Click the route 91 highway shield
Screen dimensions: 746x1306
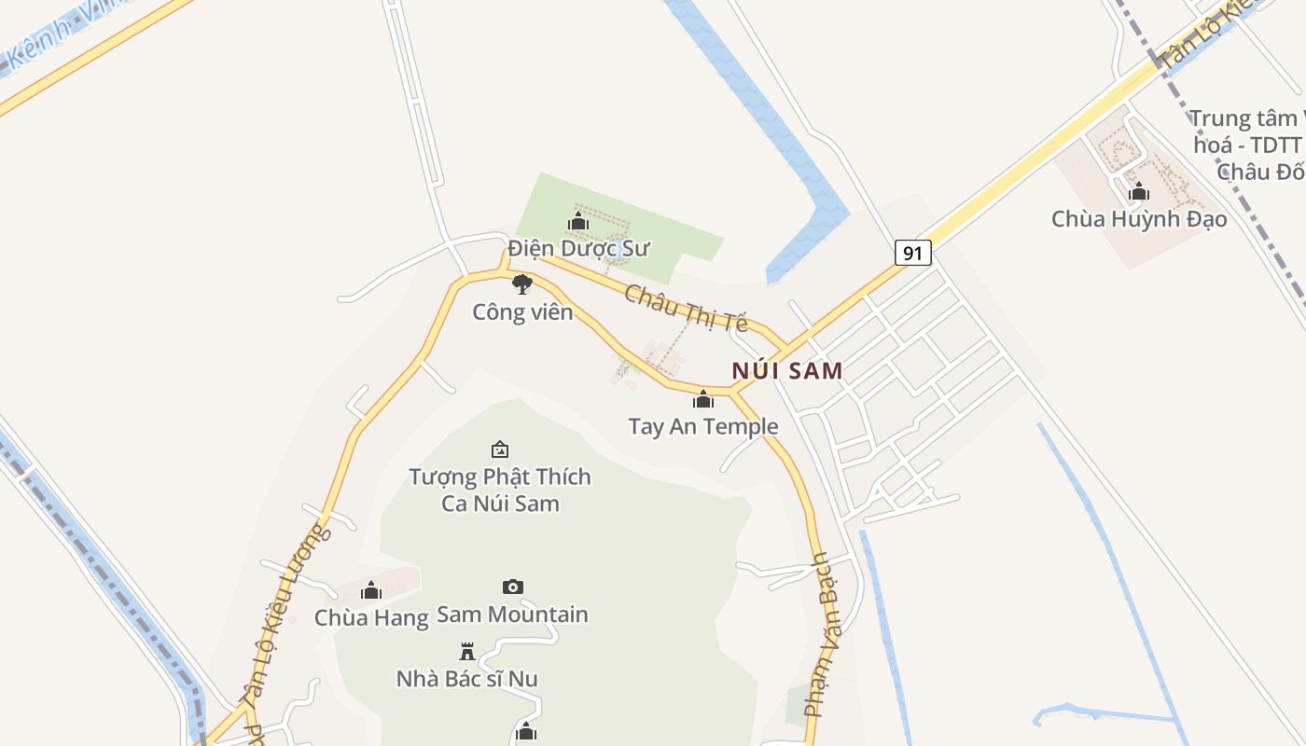[913, 253]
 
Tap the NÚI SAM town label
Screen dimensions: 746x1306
[787, 371]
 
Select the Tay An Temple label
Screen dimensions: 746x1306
[703, 427]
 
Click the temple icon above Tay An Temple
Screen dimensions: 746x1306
[703, 400]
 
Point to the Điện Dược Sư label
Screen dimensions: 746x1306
[578, 249]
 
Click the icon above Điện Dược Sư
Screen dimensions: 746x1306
[578, 222]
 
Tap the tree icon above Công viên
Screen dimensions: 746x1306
[522, 284]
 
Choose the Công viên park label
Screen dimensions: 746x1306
[522, 311]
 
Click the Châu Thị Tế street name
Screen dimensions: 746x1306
[687, 309]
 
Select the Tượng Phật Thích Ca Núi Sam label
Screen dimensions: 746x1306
[500, 490]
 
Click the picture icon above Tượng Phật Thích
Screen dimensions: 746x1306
[500, 449]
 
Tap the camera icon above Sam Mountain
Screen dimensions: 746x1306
[513, 587]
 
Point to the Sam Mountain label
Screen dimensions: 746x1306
[513, 615]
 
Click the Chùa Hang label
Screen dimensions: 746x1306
[371, 617]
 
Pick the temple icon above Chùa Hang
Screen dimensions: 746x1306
[371, 590]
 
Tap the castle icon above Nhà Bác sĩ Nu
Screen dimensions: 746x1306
[467, 651]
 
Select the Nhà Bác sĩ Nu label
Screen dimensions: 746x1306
[467, 679]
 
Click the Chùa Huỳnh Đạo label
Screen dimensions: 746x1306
[1139, 219]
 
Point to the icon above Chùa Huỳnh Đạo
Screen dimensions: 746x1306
[1138, 192]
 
